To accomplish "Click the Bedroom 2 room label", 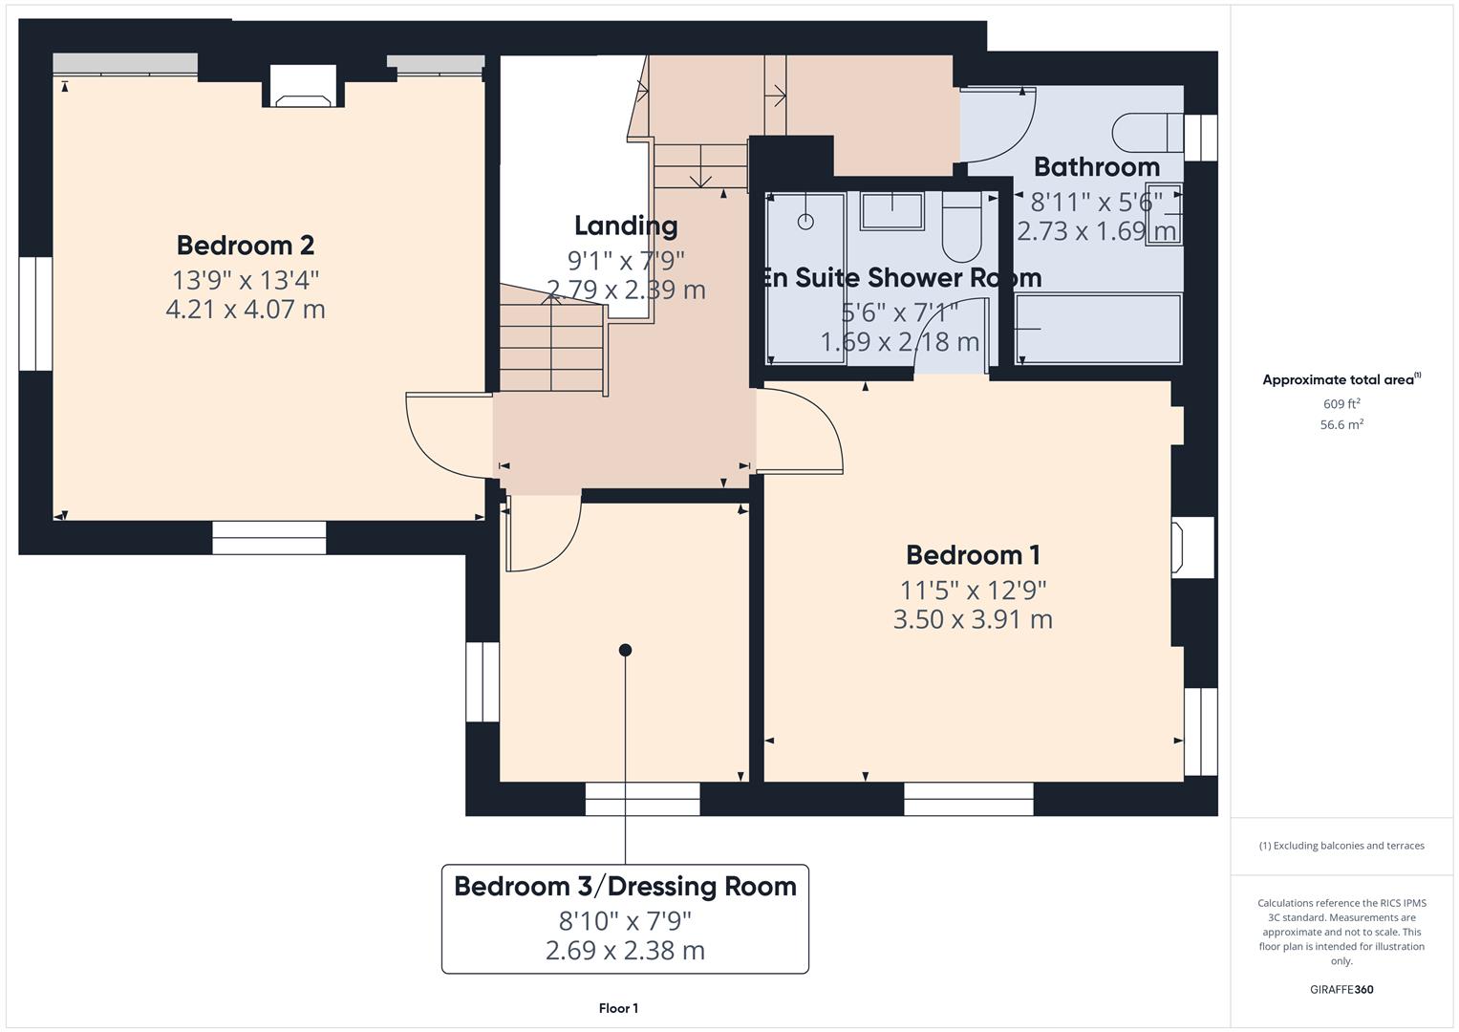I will click(x=245, y=246).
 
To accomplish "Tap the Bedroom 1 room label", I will click(x=973, y=555).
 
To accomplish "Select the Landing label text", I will click(x=626, y=226).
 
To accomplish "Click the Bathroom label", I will click(x=1096, y=167).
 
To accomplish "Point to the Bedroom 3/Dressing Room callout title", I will click(x=625, y=887).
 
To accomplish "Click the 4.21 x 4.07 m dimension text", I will click(x=245, y=310).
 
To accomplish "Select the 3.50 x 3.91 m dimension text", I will click(x=973, y=619).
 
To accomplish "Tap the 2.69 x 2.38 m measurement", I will click(x=625, y=951).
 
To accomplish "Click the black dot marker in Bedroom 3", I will click(x=625, y=650).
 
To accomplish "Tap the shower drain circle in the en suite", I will click(x=805, y=222).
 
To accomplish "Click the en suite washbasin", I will click(x=891, y=210).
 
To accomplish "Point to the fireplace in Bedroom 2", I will click(x=303, y=88).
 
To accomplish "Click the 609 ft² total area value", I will click(x=1341, y=404).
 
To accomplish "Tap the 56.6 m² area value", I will click(x=1341, y=425).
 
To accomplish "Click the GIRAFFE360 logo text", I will click(x=1341, y=990).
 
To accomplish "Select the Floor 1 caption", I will click(x=618, y=1008).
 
